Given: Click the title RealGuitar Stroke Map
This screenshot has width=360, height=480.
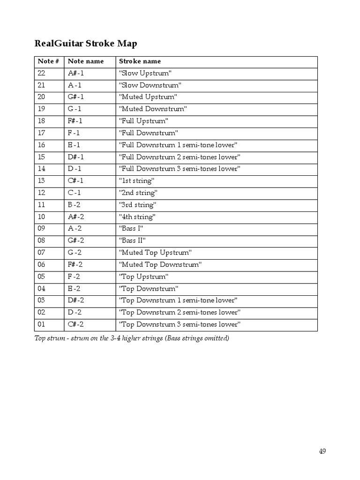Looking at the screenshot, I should tap(86, 44).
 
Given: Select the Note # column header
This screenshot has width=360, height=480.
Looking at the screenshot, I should tap(48, 61).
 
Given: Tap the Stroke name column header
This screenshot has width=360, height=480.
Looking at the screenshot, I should tap(140, 61).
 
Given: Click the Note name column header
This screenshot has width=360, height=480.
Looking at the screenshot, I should tap(86, 61).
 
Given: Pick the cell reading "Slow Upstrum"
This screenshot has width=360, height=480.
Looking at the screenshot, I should tap(145, 73).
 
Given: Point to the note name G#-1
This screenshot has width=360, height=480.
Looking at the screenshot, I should tap(76, 97).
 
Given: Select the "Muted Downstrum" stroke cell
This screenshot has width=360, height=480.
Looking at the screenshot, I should tap(153, 109).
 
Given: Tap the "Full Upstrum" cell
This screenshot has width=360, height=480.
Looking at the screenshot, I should tap(143, 121).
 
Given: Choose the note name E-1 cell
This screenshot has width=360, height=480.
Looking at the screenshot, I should tap(74, 145).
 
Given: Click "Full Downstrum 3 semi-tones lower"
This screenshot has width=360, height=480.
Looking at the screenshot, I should tap(180, 169).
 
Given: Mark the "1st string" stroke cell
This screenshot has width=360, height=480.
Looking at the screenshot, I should tap(136, 181).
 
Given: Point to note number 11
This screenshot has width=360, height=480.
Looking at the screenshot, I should tap(41, 205).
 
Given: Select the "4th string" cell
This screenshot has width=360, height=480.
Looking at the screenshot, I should tap(137, 217).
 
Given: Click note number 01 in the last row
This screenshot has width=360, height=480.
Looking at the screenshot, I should tap(41, 324).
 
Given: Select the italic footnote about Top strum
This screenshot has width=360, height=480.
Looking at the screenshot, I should tap(132, 338).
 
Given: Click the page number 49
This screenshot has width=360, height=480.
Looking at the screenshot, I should tap(322, 451).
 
